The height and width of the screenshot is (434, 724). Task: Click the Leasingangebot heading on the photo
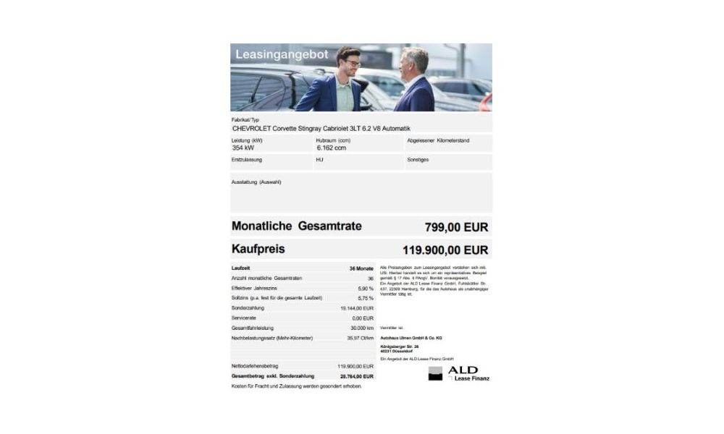pyautogui.click(x=282, y=55)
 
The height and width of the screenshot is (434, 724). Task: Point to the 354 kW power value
pyautogui.click(x=243, y=148)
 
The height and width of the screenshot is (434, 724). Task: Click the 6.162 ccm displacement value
pyautogui.click(x=332, y=148)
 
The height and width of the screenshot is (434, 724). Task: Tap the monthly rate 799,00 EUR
pyautogui.click(x=456, y=227)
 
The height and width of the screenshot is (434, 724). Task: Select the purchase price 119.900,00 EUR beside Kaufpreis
pyautogui.click(x=445, y=250)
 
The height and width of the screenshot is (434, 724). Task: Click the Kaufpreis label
pyautogui.click(x=258, y=249)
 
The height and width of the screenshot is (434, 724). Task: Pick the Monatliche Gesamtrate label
pyautogui.click(x=297, y=226)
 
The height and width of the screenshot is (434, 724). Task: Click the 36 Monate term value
pyautogui.click(x=361, y=268)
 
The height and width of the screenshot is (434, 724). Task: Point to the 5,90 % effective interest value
pyautogui.click(x=366, y=288)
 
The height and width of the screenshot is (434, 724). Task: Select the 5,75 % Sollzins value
pyautogui.click(x=366, y=298)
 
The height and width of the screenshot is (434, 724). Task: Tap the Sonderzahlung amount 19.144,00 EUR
pyautogui.click(x=357, y=308)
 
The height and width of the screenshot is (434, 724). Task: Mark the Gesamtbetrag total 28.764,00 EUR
pyautogui.click(x=357, y=376)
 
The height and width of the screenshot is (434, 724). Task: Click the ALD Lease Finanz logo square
pyautogui.click(x=435, y=373)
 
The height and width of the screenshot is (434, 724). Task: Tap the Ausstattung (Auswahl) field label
pyautogui.click(x=256, y=182)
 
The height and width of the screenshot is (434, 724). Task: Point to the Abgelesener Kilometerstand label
pyautogui.click(x=438, y=140)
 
